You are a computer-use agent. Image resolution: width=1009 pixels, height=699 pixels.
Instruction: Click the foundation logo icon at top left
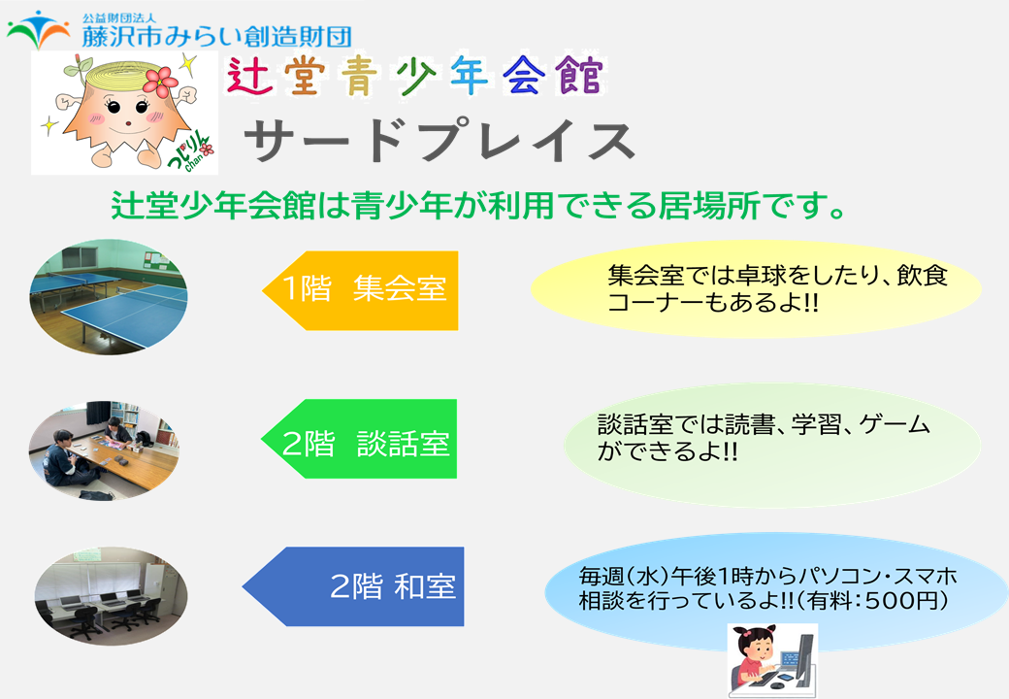(x=39, y=29)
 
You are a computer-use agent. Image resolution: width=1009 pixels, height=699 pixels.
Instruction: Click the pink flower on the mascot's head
(x=160, y=82)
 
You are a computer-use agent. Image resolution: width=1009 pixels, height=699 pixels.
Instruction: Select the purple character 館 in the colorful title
(x=581, y=76)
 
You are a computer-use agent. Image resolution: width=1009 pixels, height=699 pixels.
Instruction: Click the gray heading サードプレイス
(x=439, y=141)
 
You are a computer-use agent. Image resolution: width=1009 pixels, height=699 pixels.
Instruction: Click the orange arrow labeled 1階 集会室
(x=360, y=290)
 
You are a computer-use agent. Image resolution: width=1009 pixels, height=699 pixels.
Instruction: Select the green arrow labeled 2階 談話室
(x=358, y=438)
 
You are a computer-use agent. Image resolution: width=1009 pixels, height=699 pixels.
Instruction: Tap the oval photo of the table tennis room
(x=109, y=297)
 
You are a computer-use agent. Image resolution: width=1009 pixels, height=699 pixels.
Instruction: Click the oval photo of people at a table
(x=104, y=450)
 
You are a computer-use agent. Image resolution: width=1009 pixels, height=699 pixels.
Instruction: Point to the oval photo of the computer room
(x=111, y=595)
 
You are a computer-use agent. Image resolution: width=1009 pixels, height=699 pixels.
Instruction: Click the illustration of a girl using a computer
(x=772, y=660)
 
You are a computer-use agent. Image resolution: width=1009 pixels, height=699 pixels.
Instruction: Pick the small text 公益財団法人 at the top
(x=119, y=18)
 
